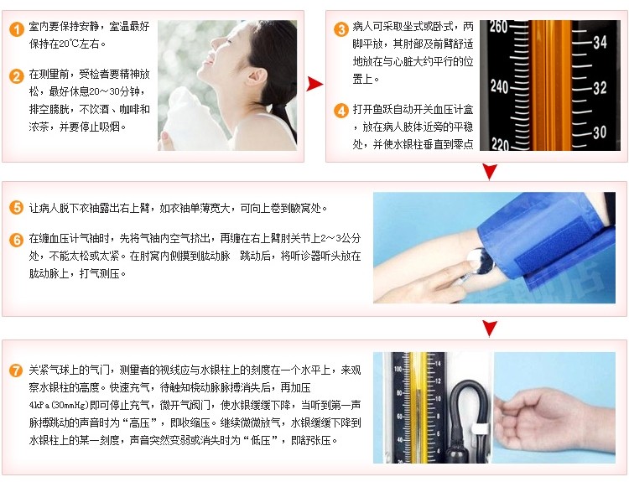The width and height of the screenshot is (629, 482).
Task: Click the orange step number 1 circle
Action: click(x=17, y=29)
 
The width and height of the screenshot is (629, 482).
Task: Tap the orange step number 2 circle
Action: click(x=17, y=76)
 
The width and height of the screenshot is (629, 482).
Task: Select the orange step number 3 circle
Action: click(x=341, y=29)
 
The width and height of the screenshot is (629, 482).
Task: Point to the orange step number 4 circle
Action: click(x=341, y=111)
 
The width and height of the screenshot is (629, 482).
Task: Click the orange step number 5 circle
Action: click(x=17, y=208)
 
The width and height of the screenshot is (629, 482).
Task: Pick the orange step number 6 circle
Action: click(x=17, y=240)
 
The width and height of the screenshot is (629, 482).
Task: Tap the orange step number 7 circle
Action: click(x=17, y=370)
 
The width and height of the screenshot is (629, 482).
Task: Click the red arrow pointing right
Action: click(x=314, y=84)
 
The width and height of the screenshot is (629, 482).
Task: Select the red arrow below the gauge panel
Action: click(x=490, y=172)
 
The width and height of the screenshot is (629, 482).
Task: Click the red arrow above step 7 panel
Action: click(x=490, y=329)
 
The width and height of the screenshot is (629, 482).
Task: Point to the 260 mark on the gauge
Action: click(x=499, y=27)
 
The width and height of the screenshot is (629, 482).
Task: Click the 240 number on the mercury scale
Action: click(x=499, y=86)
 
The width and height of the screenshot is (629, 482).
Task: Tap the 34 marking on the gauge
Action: click(x=600, y=42)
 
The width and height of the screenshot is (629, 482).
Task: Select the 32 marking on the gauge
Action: click(x=600, y=87)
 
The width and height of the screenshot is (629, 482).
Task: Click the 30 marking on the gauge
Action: click(x=600, y=132)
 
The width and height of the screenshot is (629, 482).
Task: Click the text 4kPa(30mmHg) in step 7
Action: click(x=59, y=405)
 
